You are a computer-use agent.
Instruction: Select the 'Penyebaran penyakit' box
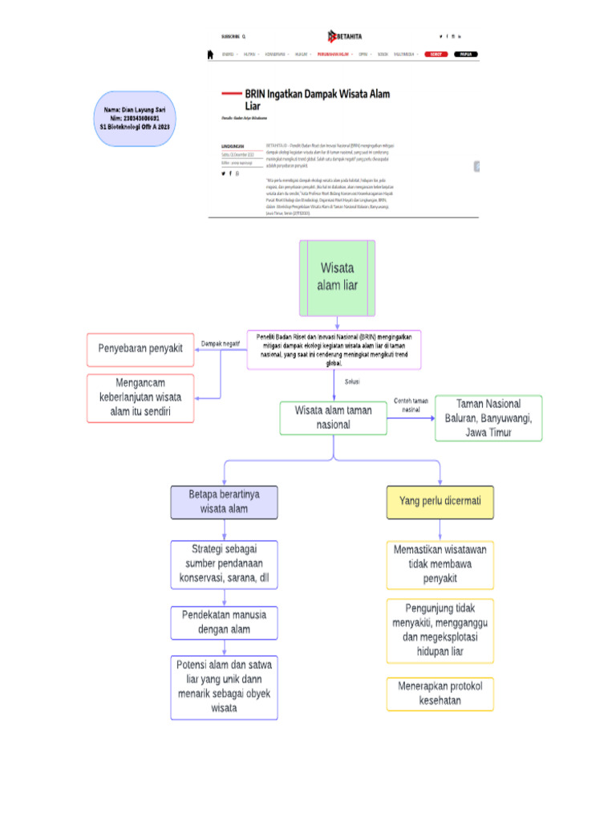140,349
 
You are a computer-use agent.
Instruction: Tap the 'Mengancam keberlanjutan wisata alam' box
140,398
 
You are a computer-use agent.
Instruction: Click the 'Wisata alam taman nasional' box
333,417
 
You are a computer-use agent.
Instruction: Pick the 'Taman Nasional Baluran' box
488,417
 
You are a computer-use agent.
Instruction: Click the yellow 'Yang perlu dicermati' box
440,501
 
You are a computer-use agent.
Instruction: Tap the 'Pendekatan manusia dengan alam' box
224,622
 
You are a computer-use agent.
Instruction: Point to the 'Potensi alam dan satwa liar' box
224,686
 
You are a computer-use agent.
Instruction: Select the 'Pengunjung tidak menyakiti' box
440,630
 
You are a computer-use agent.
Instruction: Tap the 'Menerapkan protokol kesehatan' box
440,694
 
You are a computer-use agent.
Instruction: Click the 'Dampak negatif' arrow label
220,344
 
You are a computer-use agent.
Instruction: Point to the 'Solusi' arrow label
352,382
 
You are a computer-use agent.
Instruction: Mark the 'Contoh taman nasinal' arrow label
411,405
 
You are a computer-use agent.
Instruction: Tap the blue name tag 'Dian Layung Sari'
135,118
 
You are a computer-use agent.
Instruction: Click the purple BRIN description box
334,349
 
